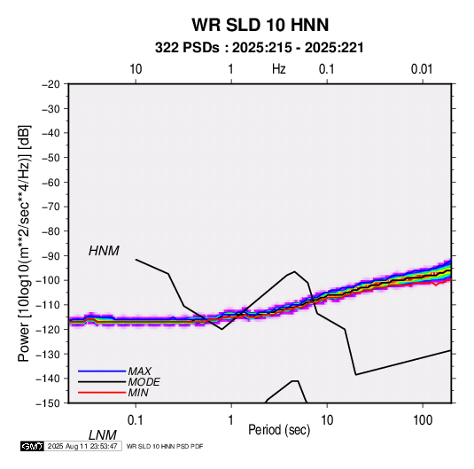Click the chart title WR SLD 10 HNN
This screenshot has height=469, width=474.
coord(260,25)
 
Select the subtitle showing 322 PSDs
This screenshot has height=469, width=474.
coord(260,48)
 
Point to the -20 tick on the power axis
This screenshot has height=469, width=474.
coord(51,84)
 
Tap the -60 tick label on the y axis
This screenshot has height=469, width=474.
coord(51,182)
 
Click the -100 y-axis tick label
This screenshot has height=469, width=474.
coord(49,280)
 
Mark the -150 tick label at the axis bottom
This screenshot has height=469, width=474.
coord(49,403)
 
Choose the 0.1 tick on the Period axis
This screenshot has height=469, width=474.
coord(136,420)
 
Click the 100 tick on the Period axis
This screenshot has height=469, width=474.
coord(423,420)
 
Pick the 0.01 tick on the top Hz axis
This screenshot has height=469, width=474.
coord(422,69)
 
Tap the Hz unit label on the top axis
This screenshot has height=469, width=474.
coord(279,69)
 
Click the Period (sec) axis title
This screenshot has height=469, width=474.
coord(279,430)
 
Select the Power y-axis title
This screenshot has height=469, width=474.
coord(24,243)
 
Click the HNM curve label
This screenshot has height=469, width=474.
coord(104,251)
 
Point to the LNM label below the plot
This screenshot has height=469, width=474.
coord(103,435)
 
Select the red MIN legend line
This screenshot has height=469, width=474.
coord(102,393)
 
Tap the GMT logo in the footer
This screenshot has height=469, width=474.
coord(32,446)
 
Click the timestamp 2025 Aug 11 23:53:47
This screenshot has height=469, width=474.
coord(82,446)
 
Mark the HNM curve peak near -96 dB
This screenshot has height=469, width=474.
coord(294,271)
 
